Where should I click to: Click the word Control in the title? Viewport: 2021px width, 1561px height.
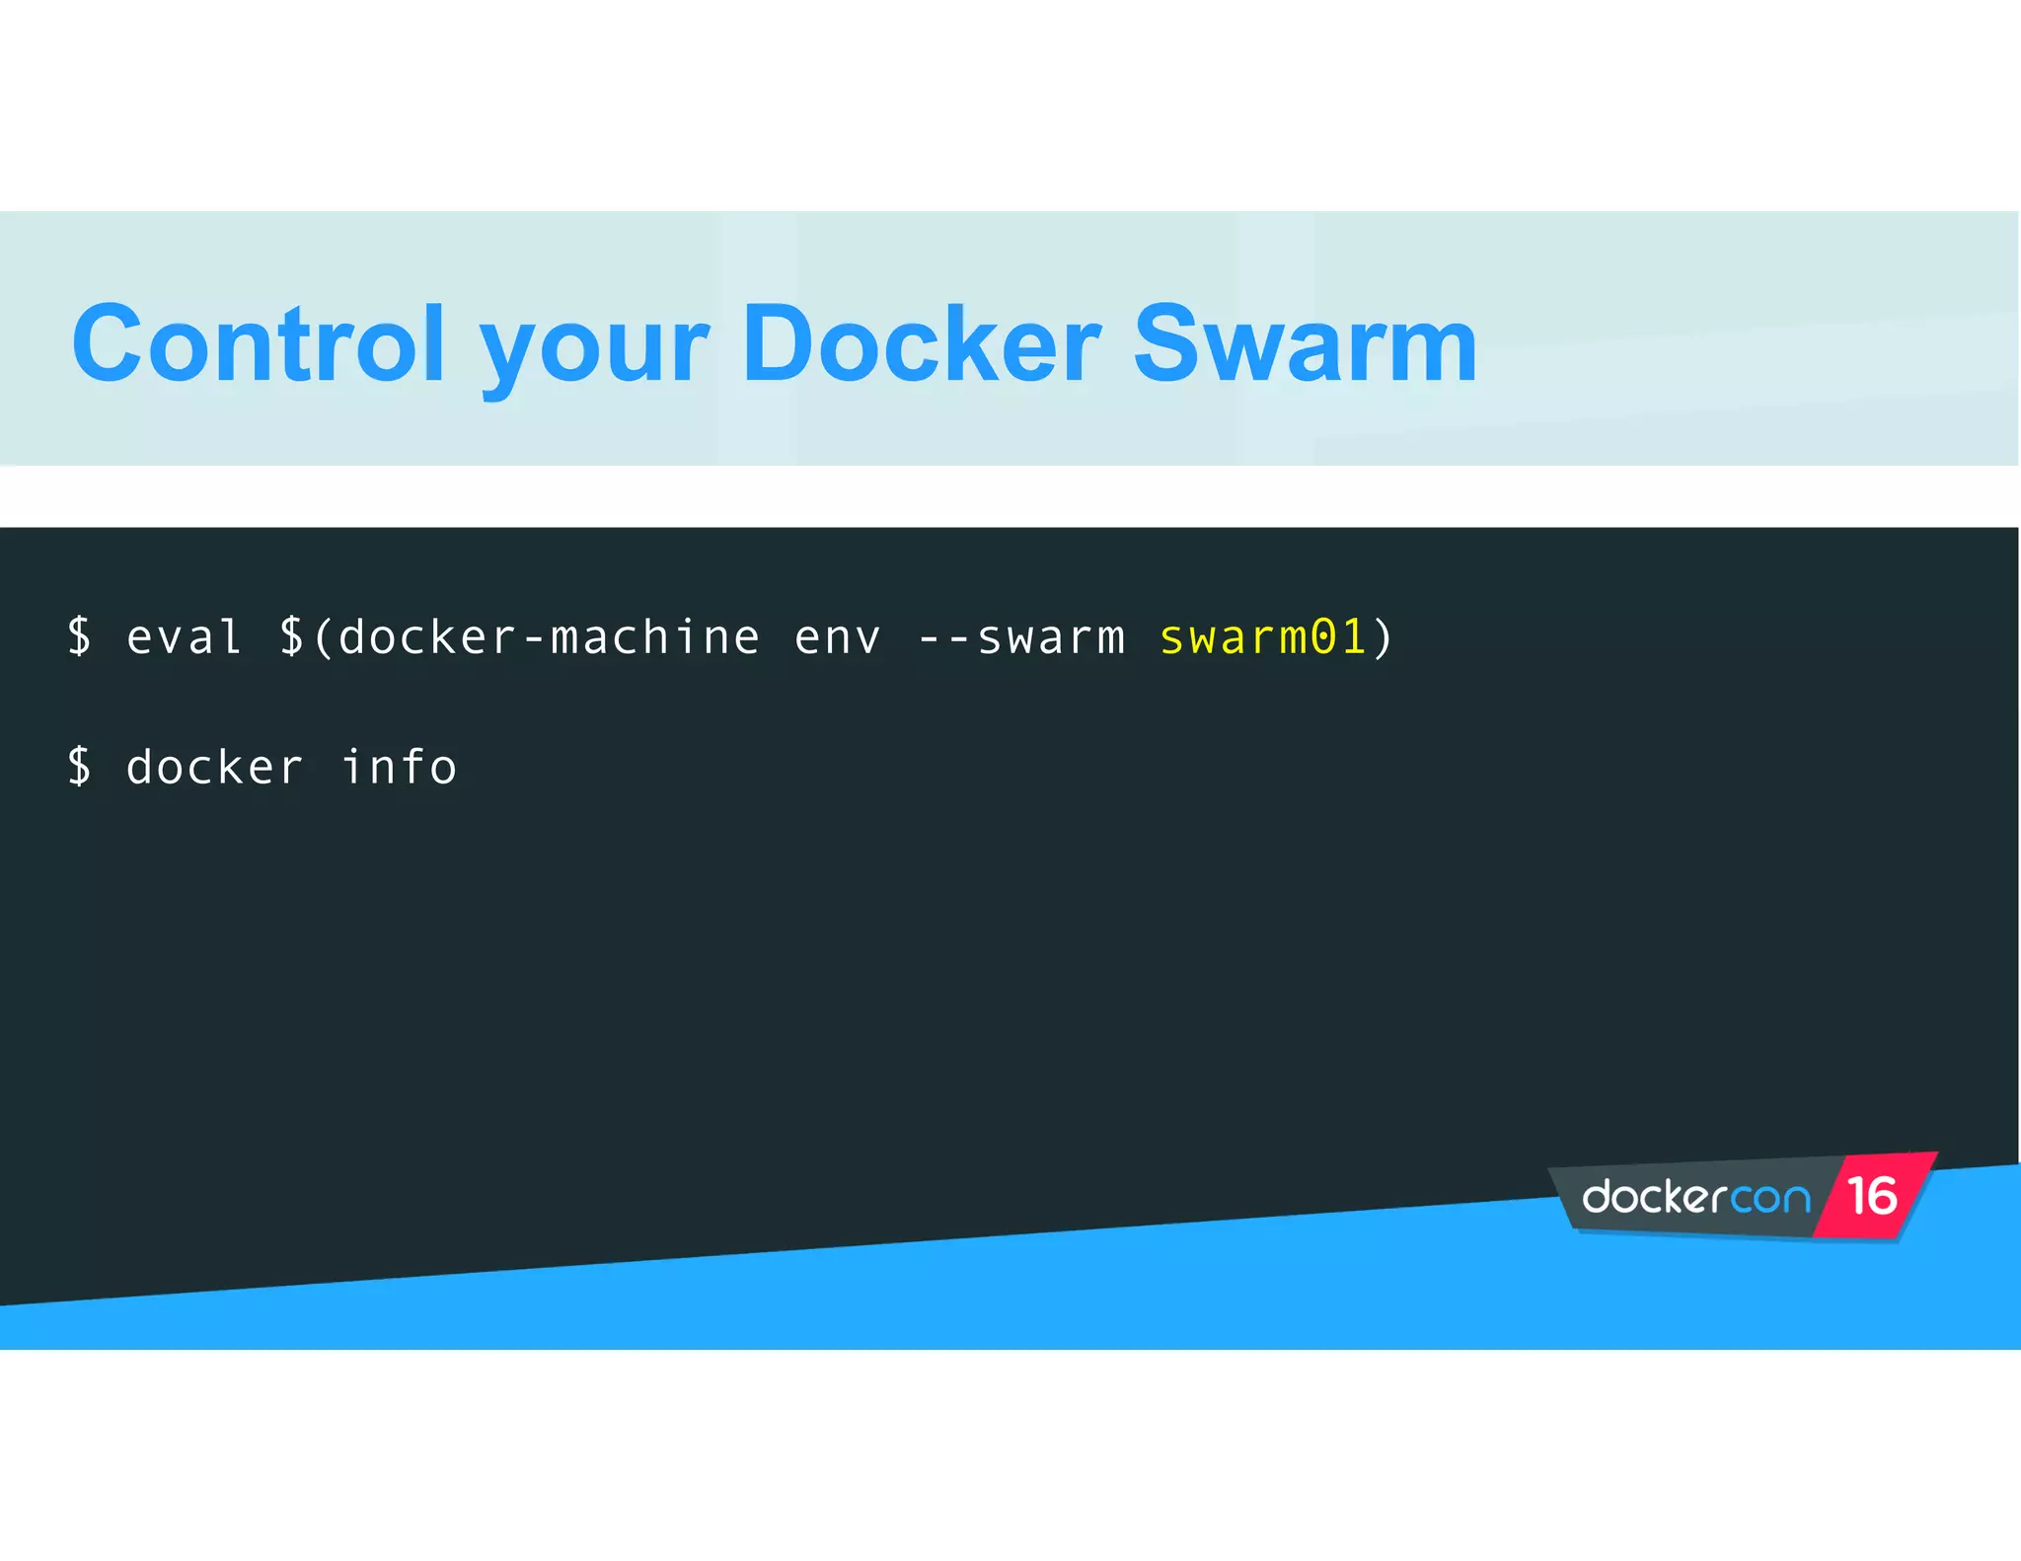[x=259, y=344]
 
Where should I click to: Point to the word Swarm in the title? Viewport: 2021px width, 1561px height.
[x=1305, y=344]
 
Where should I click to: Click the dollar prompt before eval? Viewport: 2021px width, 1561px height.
[x=80, y=636]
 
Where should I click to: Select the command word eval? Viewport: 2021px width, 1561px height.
[x=185, y=636]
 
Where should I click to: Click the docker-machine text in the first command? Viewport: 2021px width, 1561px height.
[x=549, y=636]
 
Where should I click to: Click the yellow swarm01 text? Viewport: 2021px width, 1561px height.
[x=1262, y=636]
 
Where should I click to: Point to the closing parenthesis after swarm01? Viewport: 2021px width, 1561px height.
[x=1383, y=636]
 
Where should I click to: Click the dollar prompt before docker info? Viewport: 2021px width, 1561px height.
[x=80, y=767]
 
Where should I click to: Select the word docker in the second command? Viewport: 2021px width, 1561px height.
[x=214, y=767]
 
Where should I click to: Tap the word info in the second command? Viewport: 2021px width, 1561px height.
[x=399, y=767]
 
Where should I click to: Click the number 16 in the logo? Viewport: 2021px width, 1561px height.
[x=1872, y=1196]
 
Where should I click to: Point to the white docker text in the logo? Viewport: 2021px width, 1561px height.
[x=1654, y=1197]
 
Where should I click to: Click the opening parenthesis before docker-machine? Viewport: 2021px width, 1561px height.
[x=323, y=636]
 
